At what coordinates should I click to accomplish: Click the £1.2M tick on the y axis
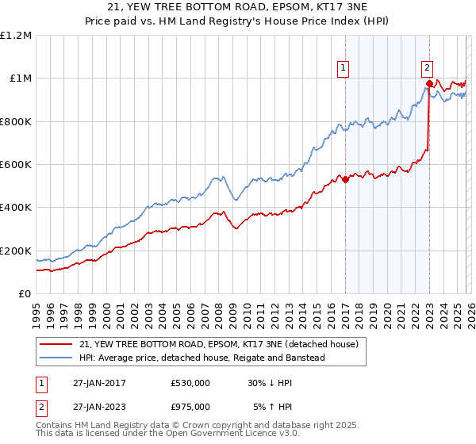click(17, 36)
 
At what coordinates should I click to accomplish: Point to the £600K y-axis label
click(16, 165)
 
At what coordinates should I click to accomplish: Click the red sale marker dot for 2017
click(345, 179)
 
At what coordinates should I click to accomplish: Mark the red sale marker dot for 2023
click(429, 83)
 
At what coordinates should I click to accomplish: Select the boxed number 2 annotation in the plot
click(428, 68)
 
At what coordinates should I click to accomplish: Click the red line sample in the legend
click(56, 345)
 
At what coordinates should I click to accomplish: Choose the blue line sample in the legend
click(56, 358)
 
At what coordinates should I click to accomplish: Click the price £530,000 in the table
click(190, 383)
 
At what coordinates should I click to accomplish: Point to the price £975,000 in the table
click(190, 407)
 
